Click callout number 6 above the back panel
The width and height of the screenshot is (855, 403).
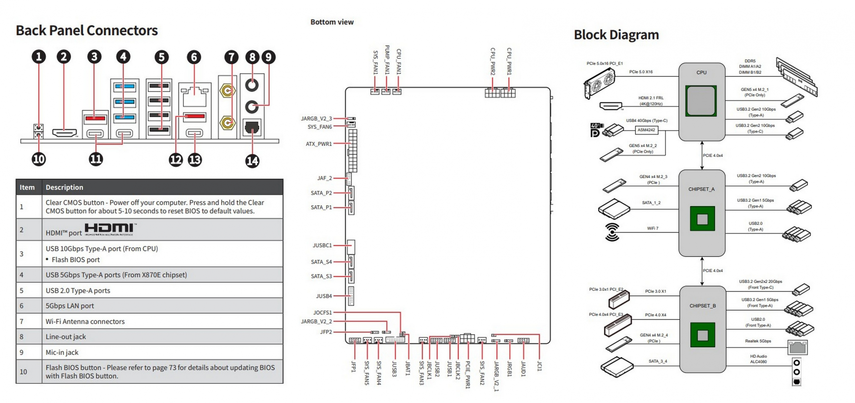tap(194, 57)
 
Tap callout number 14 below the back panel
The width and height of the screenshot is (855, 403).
tap(252, 161)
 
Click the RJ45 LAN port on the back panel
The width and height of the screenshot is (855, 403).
tap(194, 96)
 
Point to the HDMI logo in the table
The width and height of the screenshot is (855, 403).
tap(110, 229)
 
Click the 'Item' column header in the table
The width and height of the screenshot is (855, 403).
tap(27, 187)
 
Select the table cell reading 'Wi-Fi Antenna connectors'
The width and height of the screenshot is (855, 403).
tap(85, 321)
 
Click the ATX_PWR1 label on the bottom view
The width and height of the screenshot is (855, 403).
tap(319, 144)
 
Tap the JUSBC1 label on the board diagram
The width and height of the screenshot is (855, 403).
tap(322, 245)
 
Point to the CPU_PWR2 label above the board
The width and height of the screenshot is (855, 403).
tap(493, 61)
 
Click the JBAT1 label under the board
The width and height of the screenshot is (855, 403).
tap(407, 368)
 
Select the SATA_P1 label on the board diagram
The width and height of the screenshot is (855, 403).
tap(321, 207)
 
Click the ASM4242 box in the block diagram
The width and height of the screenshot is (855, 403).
tap(646, 130)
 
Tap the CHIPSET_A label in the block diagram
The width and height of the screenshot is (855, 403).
tap(701, 189)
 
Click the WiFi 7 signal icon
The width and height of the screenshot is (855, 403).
tap(612, 232)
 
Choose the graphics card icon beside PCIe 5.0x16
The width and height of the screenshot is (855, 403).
tap(600, 83)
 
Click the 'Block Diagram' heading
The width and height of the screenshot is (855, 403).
tap(616, 35)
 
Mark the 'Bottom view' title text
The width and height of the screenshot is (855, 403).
tap(332, 22)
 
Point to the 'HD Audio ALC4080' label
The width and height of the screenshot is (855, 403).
tap(758, 359)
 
